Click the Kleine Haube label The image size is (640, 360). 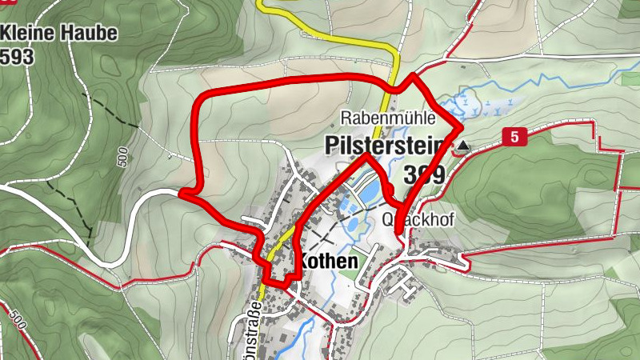coord(59,34)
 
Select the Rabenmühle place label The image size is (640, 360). coord(388,118)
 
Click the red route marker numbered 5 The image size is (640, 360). coord(515,138)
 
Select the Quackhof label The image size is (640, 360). coord(418,220)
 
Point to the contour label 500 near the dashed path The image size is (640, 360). coord(122,157)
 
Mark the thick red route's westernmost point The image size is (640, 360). coord(181,193)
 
